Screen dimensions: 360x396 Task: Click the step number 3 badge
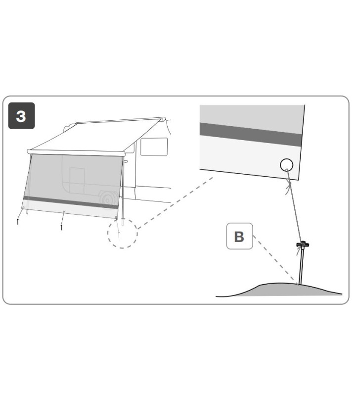pos(21,116)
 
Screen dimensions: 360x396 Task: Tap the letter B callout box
pos(239,236)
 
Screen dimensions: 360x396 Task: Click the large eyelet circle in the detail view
pos(287,165)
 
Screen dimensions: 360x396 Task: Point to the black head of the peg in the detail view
pos(303,245)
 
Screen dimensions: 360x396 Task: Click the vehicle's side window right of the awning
pos(154,147)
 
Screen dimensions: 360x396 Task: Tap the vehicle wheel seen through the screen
pos(108,199)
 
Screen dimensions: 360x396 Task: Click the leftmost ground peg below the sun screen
pos(18,222)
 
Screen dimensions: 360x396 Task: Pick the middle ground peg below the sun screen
pos(61,227)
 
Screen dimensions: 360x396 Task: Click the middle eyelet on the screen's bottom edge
pos(64,212)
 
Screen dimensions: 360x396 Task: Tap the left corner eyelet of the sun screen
pos(23,207)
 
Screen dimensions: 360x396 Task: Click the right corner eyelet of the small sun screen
pos(116,217)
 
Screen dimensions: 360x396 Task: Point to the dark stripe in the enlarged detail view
pos(251,135)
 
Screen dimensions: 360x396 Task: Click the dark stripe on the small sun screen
pos(71,202)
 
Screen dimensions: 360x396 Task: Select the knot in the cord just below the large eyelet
pos(288,187)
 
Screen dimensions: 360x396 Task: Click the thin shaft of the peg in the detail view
pos(301,266)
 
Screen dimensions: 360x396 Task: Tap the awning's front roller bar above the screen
pos(76,152)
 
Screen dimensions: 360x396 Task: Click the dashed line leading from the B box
pos(275,259)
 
